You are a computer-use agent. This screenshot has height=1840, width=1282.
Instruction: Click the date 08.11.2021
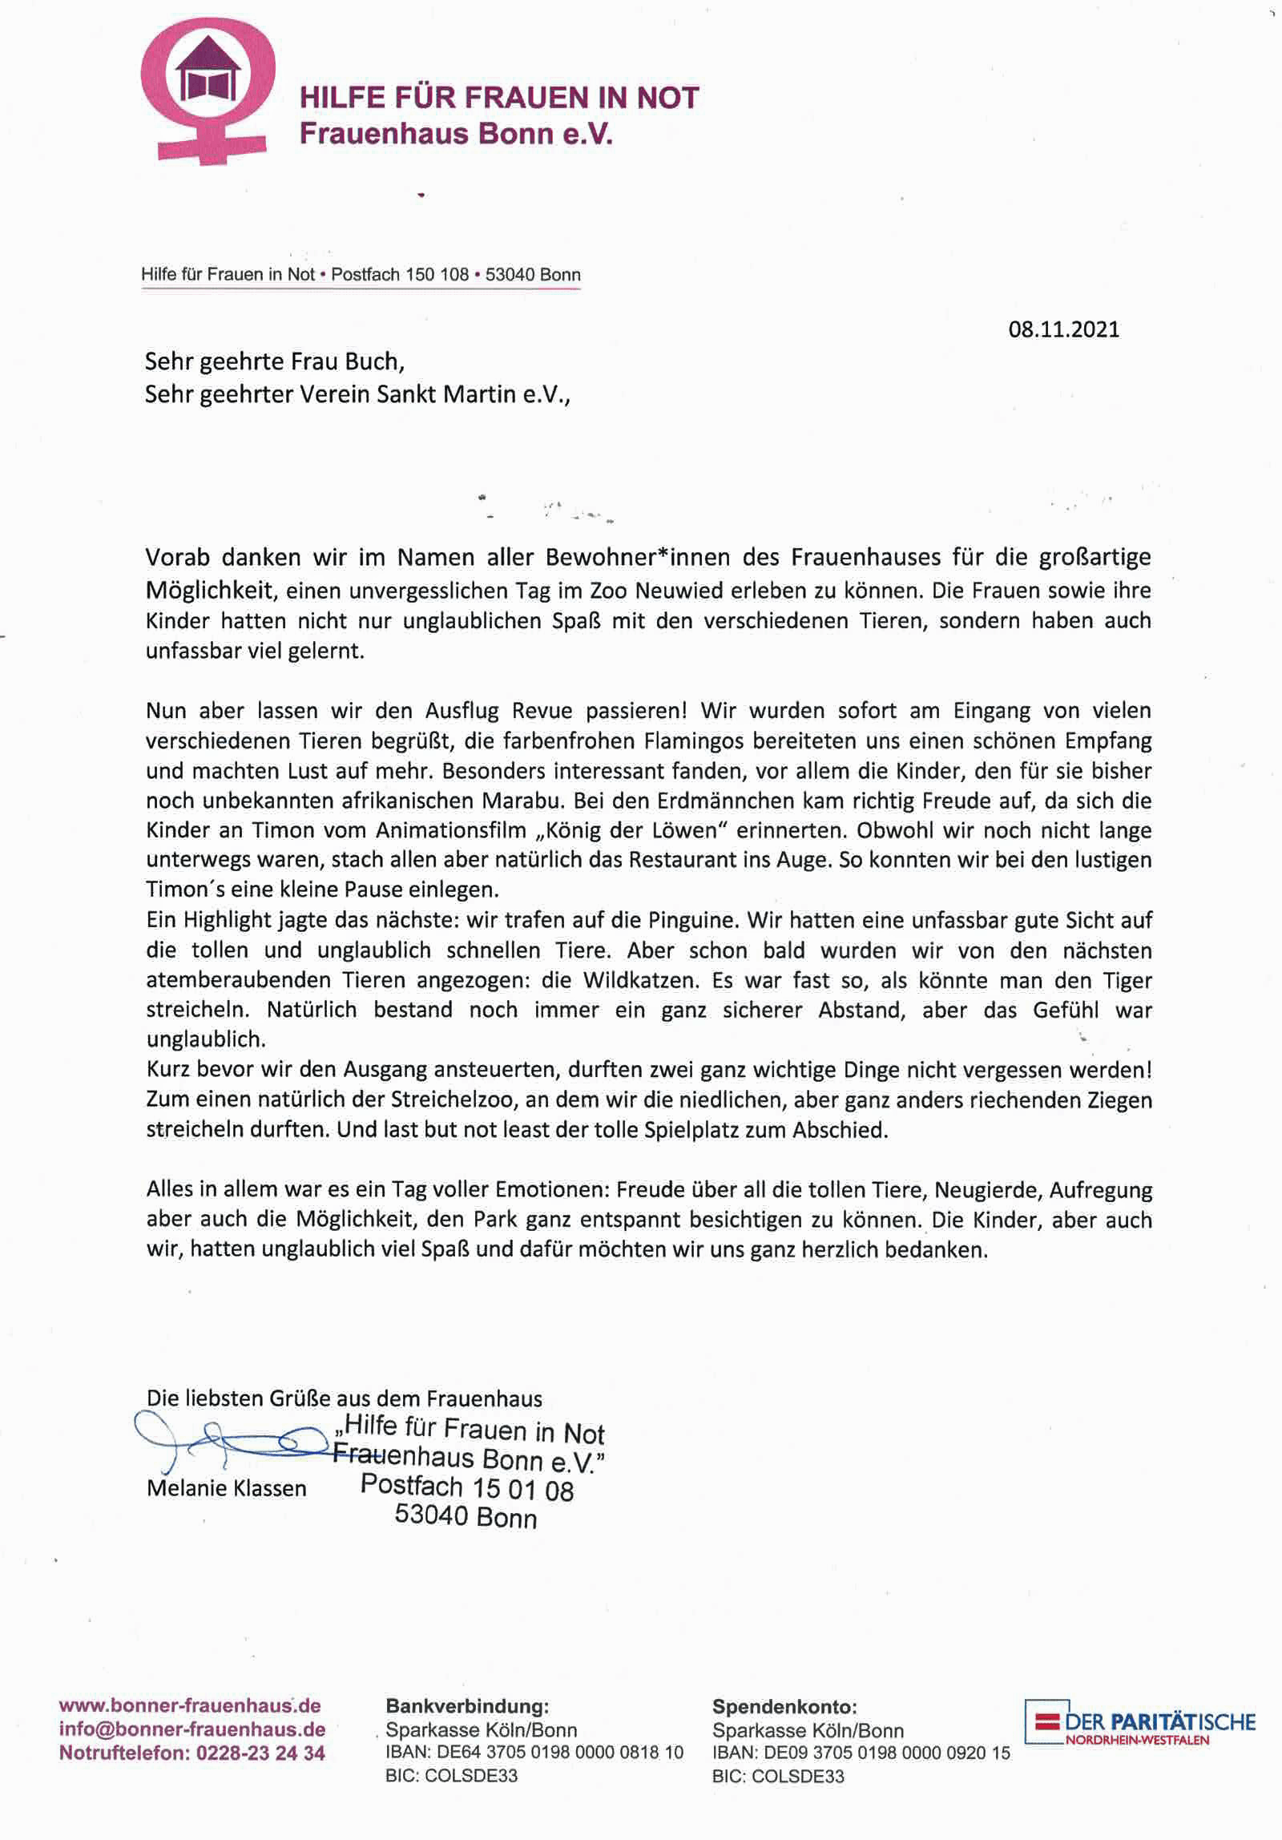pyautogui.click(x=1063, y=329)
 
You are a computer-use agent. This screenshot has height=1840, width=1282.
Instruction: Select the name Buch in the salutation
pyautogui.click(x=372, y=362)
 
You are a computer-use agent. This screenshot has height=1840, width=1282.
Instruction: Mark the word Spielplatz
pyautogui.click(x=706, y=1130)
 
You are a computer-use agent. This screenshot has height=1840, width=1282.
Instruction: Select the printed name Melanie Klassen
pyautogui.click(x=227, y=1488)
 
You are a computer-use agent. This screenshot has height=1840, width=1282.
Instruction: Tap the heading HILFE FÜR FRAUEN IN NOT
pyautogui.click(x=499, y=98)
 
